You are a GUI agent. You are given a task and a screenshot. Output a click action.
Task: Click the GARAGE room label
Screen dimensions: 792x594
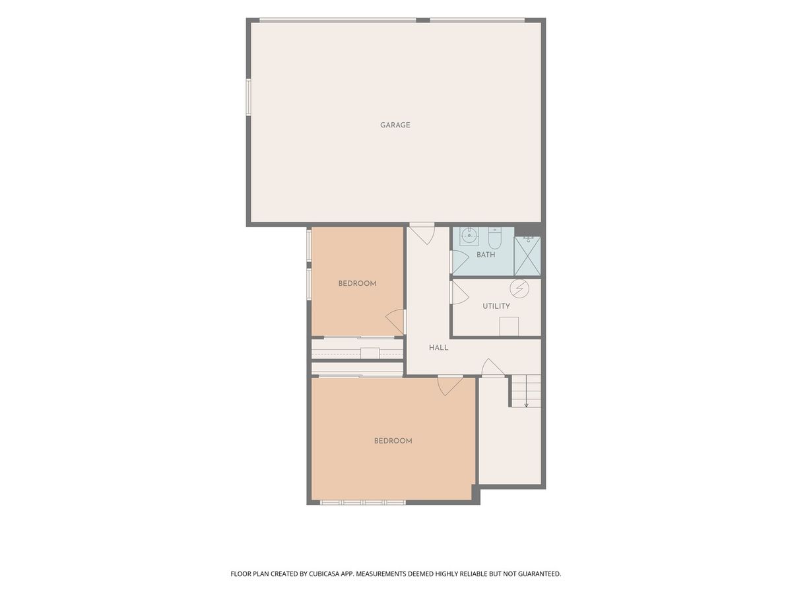coord(395,125)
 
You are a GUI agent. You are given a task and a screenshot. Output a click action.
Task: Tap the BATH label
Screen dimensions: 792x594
coord(486,255)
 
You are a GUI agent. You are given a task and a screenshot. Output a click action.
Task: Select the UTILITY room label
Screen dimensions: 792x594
coord(496,306)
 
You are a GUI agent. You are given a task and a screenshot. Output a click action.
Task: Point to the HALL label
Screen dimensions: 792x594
coord(438,347)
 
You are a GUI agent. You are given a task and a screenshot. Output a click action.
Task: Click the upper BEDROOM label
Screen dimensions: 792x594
coord(357,284)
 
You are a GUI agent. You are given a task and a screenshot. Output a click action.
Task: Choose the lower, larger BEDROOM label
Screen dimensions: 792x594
coord(393,441)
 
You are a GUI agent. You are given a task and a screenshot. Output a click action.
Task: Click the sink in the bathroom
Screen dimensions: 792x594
coord(469,236)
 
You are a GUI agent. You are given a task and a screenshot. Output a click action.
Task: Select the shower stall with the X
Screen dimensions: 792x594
coord(527,255)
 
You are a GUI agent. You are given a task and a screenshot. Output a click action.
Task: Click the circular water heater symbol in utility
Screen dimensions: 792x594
coord(519,288)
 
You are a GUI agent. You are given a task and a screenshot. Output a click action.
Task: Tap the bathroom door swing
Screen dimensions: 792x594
coord(459,261)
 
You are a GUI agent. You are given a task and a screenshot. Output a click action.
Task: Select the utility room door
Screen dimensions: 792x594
coord(459,292)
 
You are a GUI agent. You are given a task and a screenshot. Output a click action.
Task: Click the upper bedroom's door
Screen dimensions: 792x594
coord(396,321)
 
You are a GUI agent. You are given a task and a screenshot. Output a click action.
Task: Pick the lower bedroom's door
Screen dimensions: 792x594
coord(450,385)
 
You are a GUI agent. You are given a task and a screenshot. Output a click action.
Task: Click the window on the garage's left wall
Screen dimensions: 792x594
coord(248,98)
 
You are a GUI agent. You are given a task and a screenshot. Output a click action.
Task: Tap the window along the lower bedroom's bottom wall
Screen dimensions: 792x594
coord(362,502)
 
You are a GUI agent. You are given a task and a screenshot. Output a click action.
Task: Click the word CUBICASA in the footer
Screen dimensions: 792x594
coord(324,574)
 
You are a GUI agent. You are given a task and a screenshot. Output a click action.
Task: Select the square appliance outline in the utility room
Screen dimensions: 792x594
coord(509,326)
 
